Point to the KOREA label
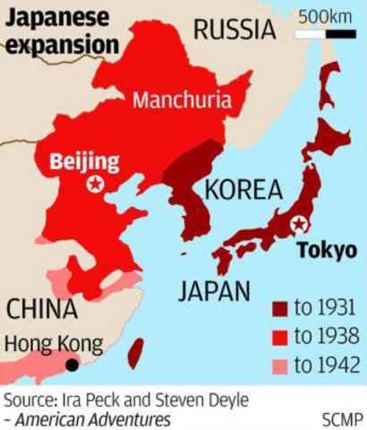(x=243, y=190)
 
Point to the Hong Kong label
(x=53, y=343)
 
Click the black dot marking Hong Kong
(x=72, y=365)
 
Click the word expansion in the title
(x=61, y=44)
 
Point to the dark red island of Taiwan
(x=135, y=352)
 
